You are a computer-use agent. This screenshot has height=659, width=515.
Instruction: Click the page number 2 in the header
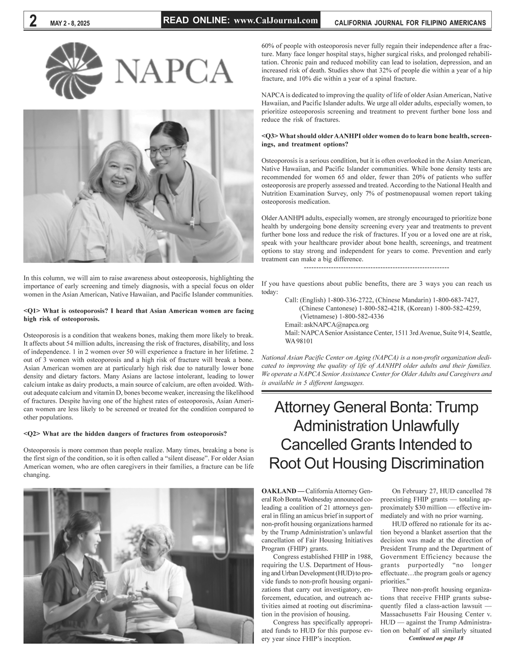click(x=33, y=21)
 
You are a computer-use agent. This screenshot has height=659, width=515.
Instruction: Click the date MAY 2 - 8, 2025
click(x=70, y=23)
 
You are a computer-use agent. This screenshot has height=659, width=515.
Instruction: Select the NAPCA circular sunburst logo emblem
click(x=73, y=70)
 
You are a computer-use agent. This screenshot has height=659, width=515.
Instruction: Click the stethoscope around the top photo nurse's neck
click(x=189, y=194)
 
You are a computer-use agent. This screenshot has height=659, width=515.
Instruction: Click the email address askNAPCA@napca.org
click(x=336, y=325)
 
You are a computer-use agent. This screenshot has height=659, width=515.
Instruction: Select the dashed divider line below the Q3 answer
click(x=376, y=268)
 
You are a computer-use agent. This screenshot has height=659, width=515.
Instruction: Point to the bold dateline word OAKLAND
click(x=278, y=491)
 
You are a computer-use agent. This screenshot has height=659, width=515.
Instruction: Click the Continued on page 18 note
click(x=436, y=638)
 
